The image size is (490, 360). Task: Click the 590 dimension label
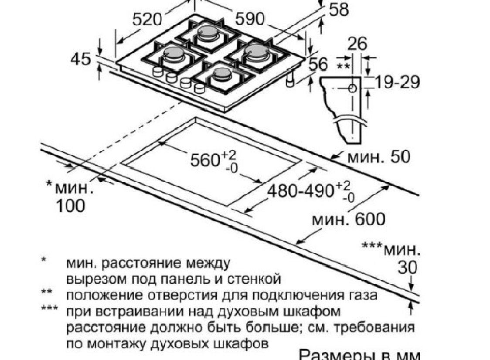tap(250, 19)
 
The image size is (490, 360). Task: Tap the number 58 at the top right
tap(339, 9)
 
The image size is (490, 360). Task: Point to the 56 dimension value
tap(318, 65)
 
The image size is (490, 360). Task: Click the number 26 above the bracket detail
tap(357, 44)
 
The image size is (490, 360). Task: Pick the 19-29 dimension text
tap(397, 82)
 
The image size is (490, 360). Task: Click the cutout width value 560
tap(204, 160)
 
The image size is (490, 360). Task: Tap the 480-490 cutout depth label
tap(300, 191)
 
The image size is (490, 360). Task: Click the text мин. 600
tap(349, 219)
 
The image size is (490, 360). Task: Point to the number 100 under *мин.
tap(71, 206)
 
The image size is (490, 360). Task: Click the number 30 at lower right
tap(408, 268)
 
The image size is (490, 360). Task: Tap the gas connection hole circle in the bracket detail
tap(352, 89)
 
